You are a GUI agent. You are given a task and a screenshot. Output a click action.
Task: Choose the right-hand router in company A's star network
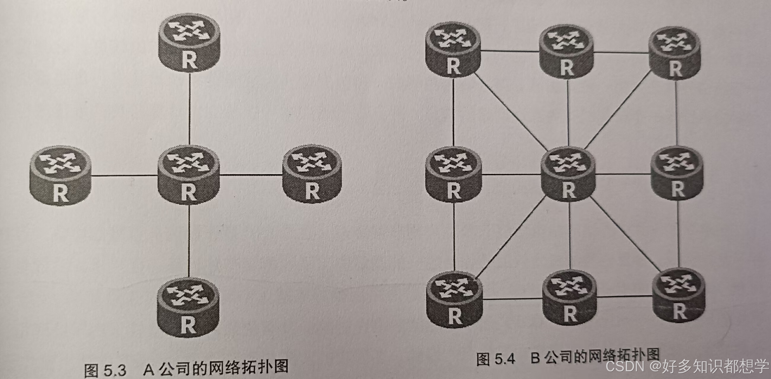[x=312, y=175]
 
